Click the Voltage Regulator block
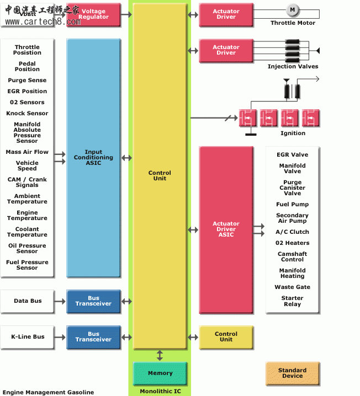click(x=93, y=14)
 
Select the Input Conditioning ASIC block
click(x=93, y=158)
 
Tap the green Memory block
click(x=160, y=373)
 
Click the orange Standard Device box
click(x=292, y=373)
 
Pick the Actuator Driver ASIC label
click(x=226, y=229)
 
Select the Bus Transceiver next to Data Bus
click(x=93, y=301)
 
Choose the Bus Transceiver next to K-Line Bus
click(x=93, y=337)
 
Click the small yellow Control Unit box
click(x=226, y=337)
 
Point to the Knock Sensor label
click(x=27, y=114)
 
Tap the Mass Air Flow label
click(x=27, y=152)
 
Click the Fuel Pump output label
click(x=292, y=205)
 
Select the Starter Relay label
click(x=292, y=301)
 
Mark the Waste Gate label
click(x=292, y=287)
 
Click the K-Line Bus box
click(x=28, y=337)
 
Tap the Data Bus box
click(x=28, y=301)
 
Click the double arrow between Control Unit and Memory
click(x=160, y=355)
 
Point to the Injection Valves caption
click(x=293, y=67)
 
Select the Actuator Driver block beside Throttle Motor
click(x=226, y=14)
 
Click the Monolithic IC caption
click(x=160, y=391)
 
